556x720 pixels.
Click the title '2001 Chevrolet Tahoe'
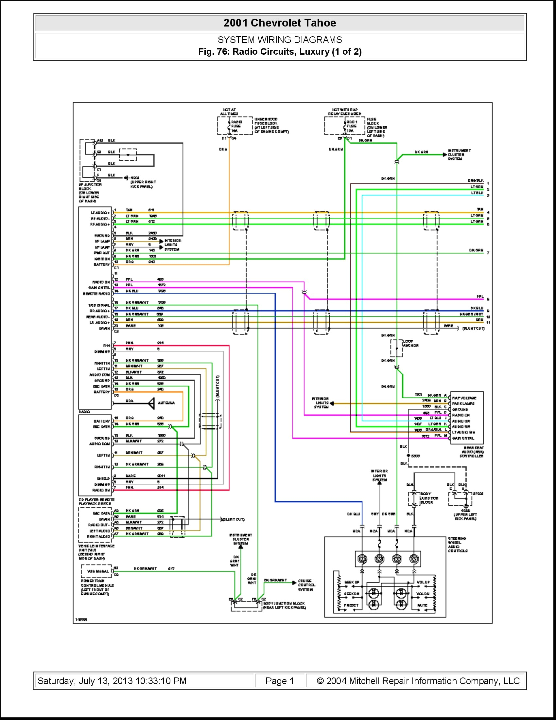(x=280, y=23)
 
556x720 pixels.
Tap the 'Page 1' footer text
(x=279, y=681)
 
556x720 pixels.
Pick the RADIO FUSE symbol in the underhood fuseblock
(x=229, y=126)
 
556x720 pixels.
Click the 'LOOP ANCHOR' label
(x=410, y=343)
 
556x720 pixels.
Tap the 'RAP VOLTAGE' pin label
(x=464, y=398)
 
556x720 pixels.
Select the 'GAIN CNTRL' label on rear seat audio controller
(x=463, y=438)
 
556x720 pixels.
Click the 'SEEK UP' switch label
(x=352, y=582)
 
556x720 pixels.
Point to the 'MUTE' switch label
(x=422, y=605)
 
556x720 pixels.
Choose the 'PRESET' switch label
(x=351, y=605)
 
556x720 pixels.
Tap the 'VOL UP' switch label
(x=423, y=582)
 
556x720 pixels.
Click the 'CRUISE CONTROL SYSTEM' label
(x=307, y=585)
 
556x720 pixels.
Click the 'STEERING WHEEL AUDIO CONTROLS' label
(x=458, y=544)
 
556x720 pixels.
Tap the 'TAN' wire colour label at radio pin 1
(x=129, y=210)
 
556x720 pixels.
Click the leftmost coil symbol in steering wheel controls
(x=362, y=559)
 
